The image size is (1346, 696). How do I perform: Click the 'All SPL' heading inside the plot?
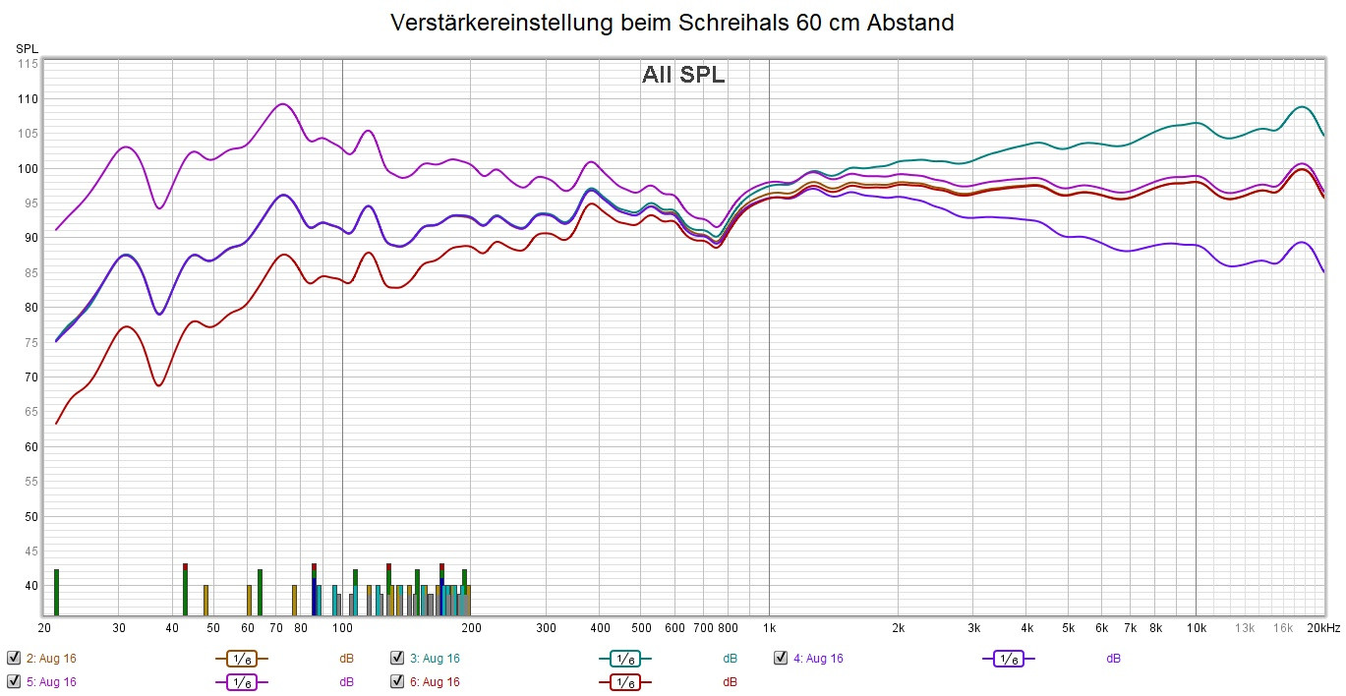[x=683, y=75]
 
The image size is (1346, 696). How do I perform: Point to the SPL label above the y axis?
[x=27, y=47]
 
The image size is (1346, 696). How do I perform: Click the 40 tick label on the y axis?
[x=30, y=586]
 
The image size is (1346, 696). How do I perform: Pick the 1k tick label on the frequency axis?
[x=769, y=628]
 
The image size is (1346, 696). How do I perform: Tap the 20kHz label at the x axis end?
[x=1324, y=628]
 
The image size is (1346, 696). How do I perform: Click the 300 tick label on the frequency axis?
[x=547, y=628]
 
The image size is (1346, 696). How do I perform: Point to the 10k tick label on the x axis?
[x=1196, y=628]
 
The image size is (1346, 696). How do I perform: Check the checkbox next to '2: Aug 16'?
[x=13, y=659]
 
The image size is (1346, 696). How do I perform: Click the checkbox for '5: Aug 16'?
[x=13, y=681]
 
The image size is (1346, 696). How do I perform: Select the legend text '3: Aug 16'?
[x=435, y=659]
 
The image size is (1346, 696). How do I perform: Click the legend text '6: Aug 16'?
[x=435, y=681]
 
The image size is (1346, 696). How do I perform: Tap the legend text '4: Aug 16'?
[x=818, y=659]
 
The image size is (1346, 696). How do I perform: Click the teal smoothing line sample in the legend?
[x=624, y=659]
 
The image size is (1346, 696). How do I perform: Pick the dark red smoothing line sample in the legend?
[x=624, y=681]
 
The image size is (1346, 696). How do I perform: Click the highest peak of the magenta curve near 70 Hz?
[x=283, y=103]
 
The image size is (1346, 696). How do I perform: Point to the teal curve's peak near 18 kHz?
[x=1301, y=106]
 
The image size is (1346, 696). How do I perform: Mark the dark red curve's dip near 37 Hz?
[x=159, y=385]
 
